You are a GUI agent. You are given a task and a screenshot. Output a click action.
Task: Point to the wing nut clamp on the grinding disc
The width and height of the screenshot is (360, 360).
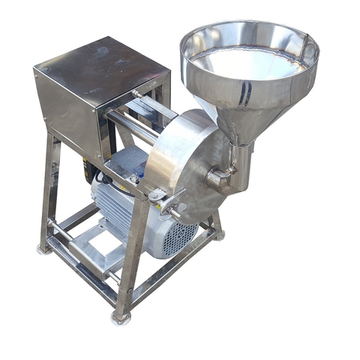tap(169, 199)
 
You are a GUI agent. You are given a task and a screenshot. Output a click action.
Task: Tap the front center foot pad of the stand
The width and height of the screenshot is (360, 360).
tap(120, 318)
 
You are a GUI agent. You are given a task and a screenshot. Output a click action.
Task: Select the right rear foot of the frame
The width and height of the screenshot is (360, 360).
tap(219, 234)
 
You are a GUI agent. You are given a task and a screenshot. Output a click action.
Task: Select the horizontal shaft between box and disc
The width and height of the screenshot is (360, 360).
tap(135, 124)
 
